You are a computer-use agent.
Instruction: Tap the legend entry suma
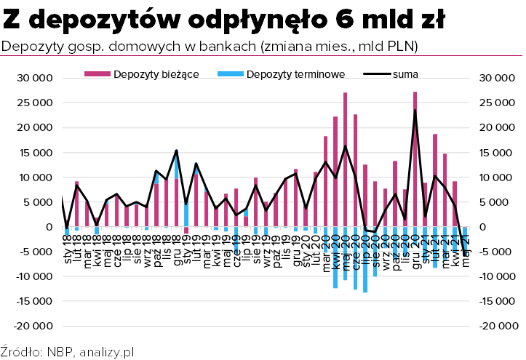(x=405, y=74)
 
